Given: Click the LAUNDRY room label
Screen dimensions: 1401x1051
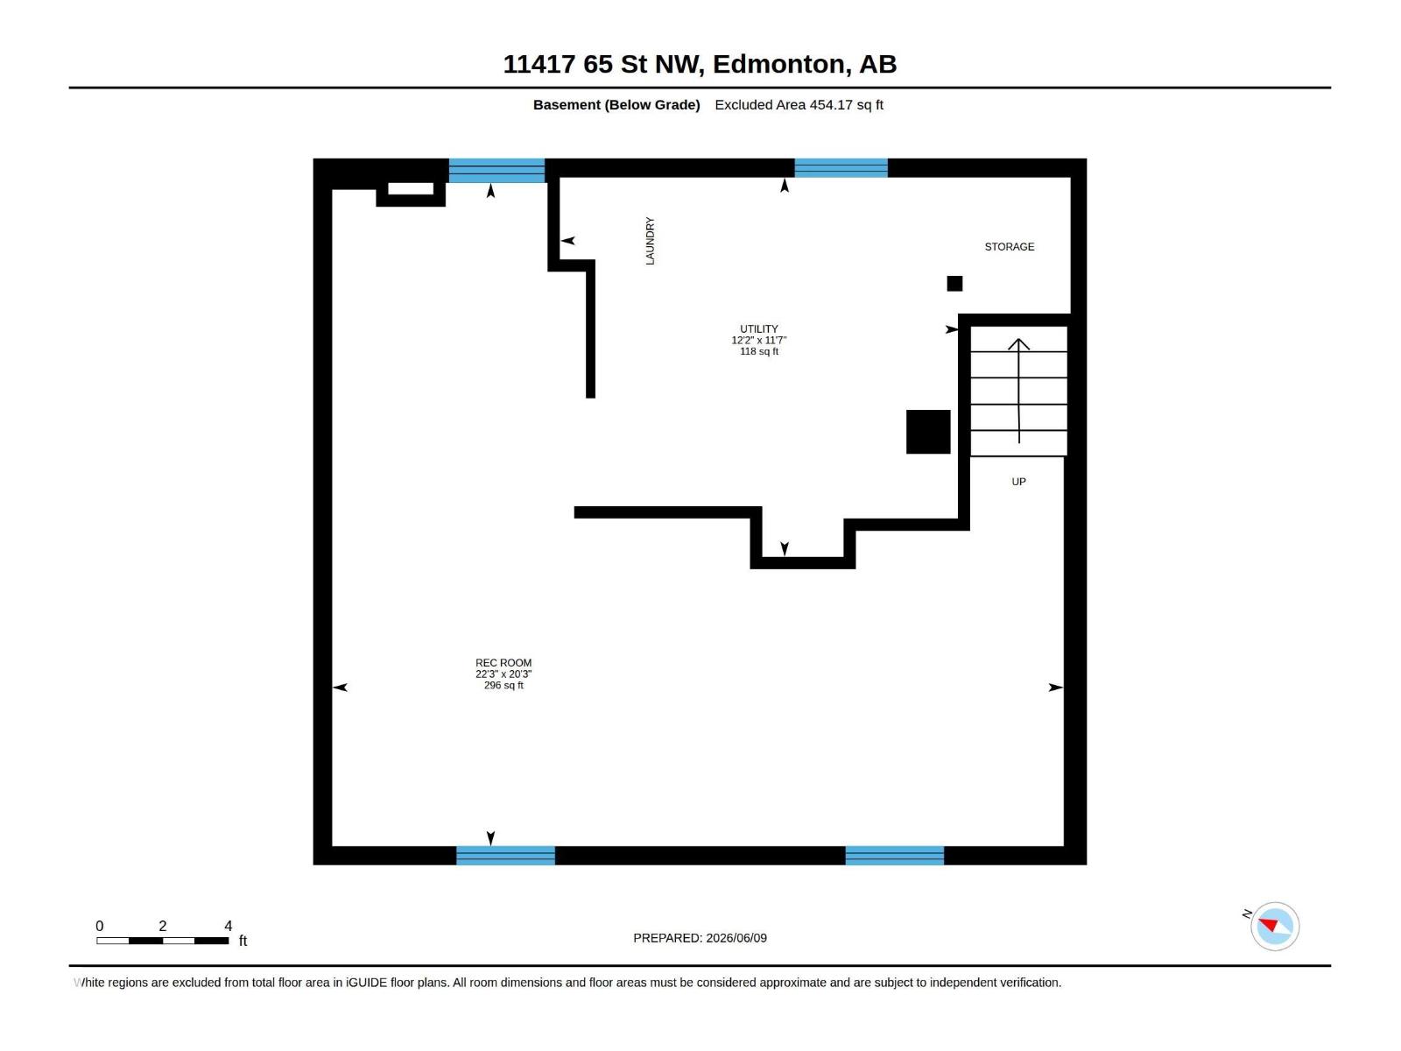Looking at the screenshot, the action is click(x=650, y=241).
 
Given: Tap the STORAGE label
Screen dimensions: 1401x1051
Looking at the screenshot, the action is click(x=1009, y=247).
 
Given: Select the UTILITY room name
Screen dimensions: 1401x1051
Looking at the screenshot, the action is click(x=759, y=328).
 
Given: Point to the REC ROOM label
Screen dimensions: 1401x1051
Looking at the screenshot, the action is click(x=503, y=663).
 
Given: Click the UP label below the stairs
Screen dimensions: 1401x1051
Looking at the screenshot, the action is click(x=1018, y=482).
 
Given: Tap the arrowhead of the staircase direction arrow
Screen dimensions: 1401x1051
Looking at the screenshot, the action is click(x=1018, y=344).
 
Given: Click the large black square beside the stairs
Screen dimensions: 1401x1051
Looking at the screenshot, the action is click(x=928, y=432).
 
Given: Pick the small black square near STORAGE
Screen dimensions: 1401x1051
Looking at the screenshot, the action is click(x=954, y=283).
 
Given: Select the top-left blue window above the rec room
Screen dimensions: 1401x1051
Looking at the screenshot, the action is click(x=496, y=171).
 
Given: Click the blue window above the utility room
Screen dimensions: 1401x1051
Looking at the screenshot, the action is click(x=841, y=168).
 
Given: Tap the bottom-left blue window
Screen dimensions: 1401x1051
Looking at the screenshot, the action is click(x=505, y=856).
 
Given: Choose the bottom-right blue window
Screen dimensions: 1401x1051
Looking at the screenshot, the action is click(x=894, y=856).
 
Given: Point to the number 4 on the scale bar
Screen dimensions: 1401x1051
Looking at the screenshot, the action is click(x=229, y=926).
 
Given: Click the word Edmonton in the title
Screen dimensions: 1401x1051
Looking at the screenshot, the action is click(x=782, y=64).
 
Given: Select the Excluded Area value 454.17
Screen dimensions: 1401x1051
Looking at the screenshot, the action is click(x=831, y=104).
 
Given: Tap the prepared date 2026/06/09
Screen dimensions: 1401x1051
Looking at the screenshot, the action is click(x=736, y=938).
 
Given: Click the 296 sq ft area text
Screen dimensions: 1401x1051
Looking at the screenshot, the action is click(x=503, y=686).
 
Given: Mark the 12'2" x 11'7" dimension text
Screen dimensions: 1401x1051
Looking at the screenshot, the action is click(x=759, y=340).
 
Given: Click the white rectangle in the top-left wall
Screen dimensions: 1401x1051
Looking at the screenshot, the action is click(x=411, y=189).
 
